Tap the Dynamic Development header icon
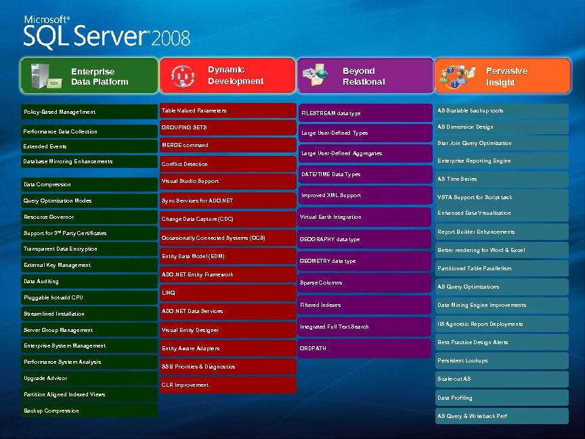click(x=181, y=75)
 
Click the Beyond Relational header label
click(x=363, y=76)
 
